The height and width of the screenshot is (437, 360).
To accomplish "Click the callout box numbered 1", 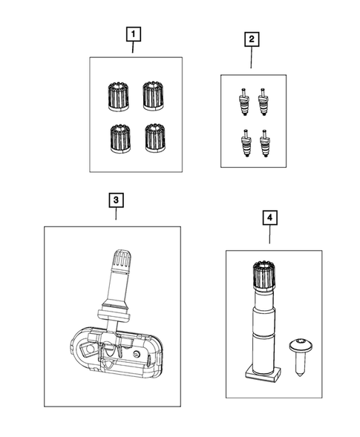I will pos(133,34).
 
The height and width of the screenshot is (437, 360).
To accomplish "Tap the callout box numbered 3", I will pos(116,200).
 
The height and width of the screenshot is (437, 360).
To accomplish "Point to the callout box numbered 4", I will pos(269,218).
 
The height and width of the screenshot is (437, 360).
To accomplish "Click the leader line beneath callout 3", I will pos(116,215).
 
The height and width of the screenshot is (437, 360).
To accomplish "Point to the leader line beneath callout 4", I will pos(269,234).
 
